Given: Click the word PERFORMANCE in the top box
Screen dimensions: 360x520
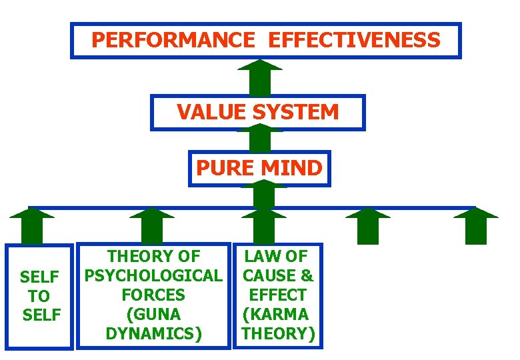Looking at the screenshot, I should click(173, 40).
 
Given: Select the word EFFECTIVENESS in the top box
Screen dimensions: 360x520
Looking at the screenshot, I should click(354, 40).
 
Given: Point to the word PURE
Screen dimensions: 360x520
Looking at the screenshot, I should click(224, 168).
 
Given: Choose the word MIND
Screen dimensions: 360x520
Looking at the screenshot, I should click(295, 168).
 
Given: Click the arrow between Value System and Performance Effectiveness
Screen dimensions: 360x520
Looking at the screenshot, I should click(260, 78).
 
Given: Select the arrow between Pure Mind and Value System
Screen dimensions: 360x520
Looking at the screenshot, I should click(260, 138).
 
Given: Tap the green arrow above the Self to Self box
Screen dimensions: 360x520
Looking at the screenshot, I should click(32, 226).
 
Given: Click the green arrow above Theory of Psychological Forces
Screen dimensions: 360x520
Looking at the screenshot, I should click(152, 226).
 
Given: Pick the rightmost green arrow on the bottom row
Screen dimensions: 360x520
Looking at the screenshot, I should click(475, 226).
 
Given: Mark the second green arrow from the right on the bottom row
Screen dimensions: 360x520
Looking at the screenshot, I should click(368, 226).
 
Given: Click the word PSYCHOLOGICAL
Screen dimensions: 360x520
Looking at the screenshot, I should click(154, 275).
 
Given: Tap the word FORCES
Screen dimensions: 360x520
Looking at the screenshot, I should click(154, 294).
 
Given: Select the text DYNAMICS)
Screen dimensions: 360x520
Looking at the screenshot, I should click(154, 333).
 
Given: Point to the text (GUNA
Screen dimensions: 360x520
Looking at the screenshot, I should click(154, 313).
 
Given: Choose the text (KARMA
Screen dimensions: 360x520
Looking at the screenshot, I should click(275, 313).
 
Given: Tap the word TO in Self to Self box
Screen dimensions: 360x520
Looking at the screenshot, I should click(40, 295).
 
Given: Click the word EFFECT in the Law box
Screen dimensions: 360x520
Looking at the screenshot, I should click(278, 294).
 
